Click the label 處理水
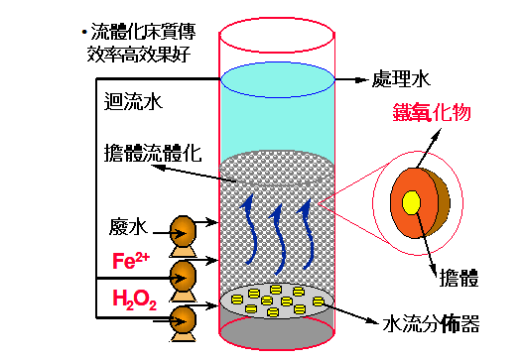point(402,80)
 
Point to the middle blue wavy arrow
point(282,234)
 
